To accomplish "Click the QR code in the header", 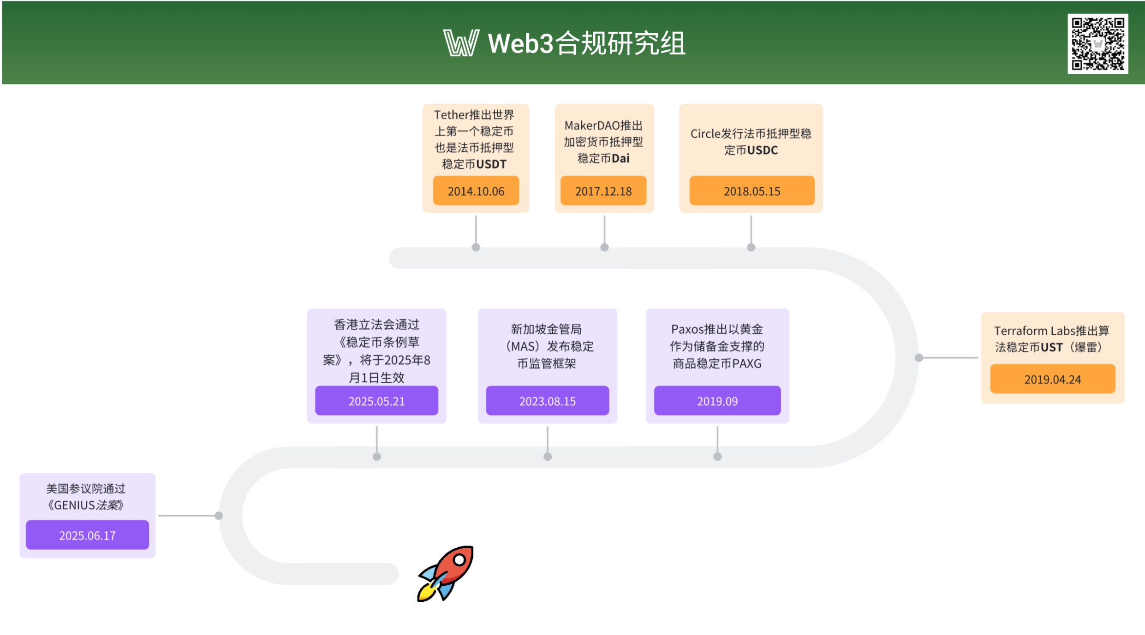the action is click(x=1097, y=43).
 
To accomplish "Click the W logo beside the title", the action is click(x=461, y=43).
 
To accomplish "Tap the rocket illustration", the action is click(x=446, y=574).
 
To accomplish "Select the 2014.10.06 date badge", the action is click(x=476, y=191).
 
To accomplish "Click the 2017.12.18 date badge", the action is click(x=603, y=191).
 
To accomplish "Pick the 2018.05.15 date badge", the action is click(x=752, y=191).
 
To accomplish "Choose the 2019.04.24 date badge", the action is click(x=1053, y=379).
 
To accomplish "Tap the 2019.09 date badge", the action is click(x=717, y=401).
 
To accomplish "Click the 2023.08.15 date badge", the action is click(x=548, y=401).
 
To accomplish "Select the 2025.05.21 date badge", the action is click(x=376, y=401).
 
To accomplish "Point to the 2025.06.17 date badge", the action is click(x=87, y=535).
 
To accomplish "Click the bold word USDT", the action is click(x=491, y=164).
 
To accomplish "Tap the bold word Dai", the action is click(x=620, y=159).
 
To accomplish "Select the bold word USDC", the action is click(x=763, y=150).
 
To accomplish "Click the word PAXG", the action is click(x=747, y=363).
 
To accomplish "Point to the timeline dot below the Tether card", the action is click(x=476, y=248).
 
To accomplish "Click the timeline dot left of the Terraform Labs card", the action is click(x=919, y=358).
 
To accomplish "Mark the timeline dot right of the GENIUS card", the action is click(x=219, y=516).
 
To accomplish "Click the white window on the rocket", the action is click(x=459, y=560).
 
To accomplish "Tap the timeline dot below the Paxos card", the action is click(x=718, y=457).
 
